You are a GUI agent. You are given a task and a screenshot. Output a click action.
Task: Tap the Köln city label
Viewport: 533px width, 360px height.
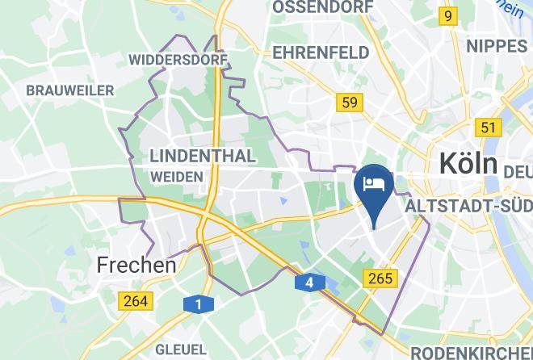pos(468,164)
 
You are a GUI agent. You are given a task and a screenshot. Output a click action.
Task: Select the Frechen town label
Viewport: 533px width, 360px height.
pos(136,264)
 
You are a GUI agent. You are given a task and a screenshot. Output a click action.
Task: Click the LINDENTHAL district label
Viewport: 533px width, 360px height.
pos(203,155)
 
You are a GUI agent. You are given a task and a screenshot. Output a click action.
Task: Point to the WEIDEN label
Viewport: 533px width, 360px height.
pos(176,176)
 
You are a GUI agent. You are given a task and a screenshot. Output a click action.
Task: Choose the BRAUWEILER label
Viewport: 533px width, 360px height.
pos(70,90)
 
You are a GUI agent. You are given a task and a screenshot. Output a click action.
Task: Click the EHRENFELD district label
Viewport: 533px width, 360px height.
pos(321,52)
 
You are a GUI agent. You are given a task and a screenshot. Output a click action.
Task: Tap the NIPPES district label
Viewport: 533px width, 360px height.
pos(497,45)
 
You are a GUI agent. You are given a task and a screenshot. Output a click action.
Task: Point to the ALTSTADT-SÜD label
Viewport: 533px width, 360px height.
pos(469,207)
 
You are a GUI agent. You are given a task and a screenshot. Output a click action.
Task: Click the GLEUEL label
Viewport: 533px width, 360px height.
pos(182,350)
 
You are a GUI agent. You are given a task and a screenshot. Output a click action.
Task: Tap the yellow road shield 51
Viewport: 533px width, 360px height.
pos(488,127)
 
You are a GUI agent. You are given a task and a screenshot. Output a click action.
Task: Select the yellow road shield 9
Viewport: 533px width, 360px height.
pos(447,15)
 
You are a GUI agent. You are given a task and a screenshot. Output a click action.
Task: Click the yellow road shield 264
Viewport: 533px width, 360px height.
pos(135,300)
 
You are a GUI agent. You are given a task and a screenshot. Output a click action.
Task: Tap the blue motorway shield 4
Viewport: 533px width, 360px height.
pos(309,283)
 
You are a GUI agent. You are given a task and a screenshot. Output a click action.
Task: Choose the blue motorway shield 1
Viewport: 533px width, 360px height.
pos(196,303)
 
